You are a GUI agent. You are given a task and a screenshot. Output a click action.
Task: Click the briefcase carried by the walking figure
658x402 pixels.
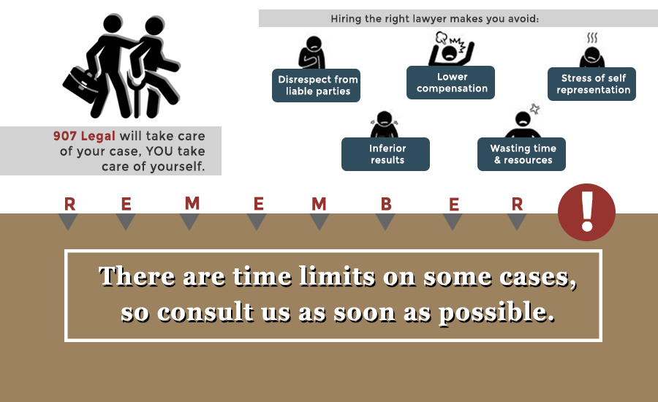pyautogui.click(x=81, y=85)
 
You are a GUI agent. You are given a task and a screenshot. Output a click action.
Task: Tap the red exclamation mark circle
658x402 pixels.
pyautogui.click(x=586, y=212)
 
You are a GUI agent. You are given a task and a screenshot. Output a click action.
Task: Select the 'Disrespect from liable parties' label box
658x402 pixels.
pyautogui.click(x=316, y=86)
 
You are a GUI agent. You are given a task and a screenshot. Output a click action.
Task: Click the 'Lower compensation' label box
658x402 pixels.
pyautogui.click(x=450, y=83)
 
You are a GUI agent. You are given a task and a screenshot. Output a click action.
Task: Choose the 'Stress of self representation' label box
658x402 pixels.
pyautogui.click(x=591, y=84)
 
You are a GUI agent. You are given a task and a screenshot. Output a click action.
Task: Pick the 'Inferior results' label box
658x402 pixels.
pyautogui.click(x=385, y=154)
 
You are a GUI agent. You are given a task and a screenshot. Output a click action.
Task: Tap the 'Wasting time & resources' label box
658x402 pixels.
pyautogui.click(x=521, y=154)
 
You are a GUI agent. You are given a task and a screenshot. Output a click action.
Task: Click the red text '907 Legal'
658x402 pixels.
pyautogui.click(x=84, y=136)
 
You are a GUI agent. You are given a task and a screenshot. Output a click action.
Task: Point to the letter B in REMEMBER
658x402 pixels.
pyautogui.click(x=386, y=205)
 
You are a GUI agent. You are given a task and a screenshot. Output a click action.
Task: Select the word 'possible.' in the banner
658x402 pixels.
pyautogui.click(x=496, y=313)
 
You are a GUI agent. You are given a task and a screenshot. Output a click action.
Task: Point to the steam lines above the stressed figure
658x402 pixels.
pyautogui.click(x=592, y=38)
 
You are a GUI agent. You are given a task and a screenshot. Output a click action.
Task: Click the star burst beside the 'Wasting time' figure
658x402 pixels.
pyautogui.click(x=534, y=109)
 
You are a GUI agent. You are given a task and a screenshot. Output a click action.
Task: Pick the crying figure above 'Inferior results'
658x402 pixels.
pyautogui.click(x=385, y=124)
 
